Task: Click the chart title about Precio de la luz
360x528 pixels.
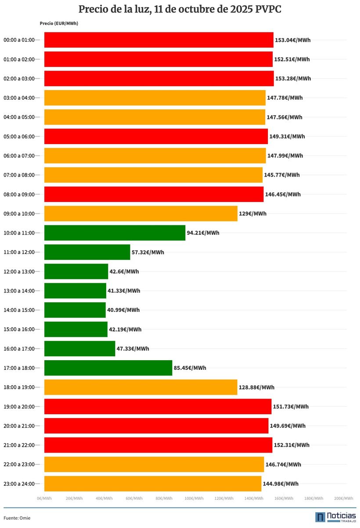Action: pyautogui.click(x=180, y=10)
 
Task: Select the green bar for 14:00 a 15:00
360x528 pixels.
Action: pyautogui.click(x=75, y=310)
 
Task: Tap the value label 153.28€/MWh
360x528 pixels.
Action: pyautogui.click(x=293, y=79)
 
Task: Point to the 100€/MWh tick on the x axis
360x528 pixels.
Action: pyautogui.click(x=194, y=499)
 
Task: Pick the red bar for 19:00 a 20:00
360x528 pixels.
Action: pyautogui.click(x=158, y=407)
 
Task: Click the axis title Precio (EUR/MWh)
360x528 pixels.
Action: pyautogui.click(x=59, y=24)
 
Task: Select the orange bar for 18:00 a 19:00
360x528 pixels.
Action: pyautogui.click(x=140, y=387)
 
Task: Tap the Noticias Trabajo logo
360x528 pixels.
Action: pyautogui.click(x=335, y=517)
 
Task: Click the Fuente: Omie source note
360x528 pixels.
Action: pyautogui.click(x=17, y=518)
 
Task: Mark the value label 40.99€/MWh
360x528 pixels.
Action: pyautogui.click(x=123, y=310)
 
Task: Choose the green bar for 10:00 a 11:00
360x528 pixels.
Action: pyautogui.click(x=115, y=233)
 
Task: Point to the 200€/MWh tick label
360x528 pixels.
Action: pyautogui.click(x=343, y=499)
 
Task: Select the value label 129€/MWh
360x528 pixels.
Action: pyautogui.click(x=252, y=214)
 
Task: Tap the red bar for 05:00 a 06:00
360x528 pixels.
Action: pyautogui.click(x=156, y=137)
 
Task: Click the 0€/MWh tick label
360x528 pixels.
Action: pyautogui.click(x=44, y=499)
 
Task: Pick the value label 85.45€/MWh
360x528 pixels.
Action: pyautogui.click(x=190, y=368)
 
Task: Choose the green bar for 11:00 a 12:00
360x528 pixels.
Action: pyautogui.click(x=87, y=252)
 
